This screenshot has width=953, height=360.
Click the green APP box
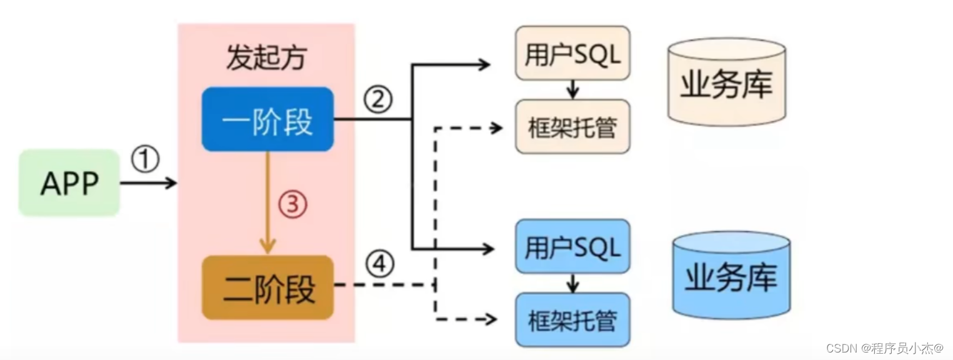tap(69, 183)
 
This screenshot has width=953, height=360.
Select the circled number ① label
tap(145, 161)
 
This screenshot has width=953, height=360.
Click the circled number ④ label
tap(379, 266)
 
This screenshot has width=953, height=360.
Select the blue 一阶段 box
tap(267, 119)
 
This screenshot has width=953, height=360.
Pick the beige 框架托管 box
tap(572, 127)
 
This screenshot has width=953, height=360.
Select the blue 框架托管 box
tap(572, 320)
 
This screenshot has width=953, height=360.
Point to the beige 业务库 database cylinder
tap(726, 82)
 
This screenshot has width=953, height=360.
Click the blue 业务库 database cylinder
tap(731, 275)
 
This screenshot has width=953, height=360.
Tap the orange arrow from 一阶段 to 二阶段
tap(267, 203)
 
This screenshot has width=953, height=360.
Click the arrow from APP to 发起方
tap(148, 183)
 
